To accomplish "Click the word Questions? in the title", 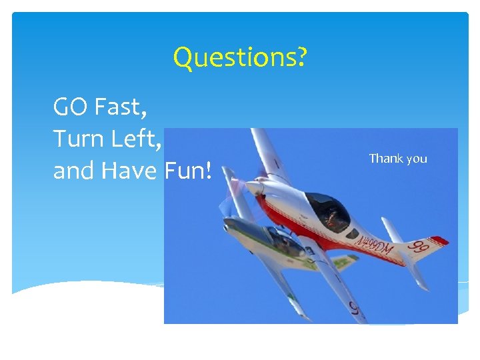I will tap(240, 59).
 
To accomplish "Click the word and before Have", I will tap(75, 171).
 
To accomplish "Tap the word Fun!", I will tap(188, 171).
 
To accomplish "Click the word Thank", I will tap(386, 159).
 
